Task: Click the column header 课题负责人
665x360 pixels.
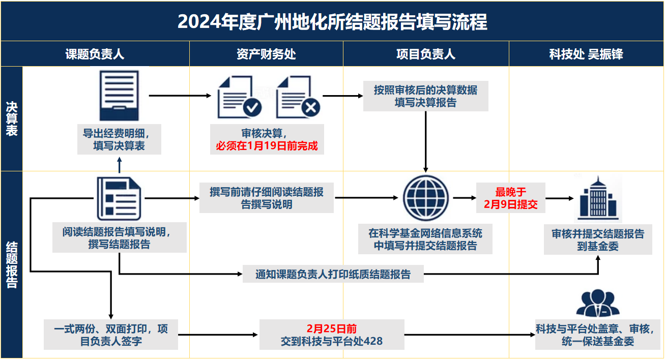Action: click(95, 54)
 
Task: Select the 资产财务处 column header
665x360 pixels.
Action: click(266, 54)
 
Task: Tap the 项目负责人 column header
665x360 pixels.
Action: click(426, 54)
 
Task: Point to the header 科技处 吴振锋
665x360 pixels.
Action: click(586, 54)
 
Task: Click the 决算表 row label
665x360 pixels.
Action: click(12, 118)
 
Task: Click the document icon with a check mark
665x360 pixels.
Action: click(240, 97)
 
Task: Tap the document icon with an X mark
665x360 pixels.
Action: click(298, 97)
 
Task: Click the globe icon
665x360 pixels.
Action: click(426, 198)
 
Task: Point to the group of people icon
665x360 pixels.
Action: click(598, 303)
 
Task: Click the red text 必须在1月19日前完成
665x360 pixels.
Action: click(267, 146)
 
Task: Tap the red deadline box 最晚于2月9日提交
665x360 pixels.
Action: click(511, 198)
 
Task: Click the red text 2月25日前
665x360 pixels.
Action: click(332, 328)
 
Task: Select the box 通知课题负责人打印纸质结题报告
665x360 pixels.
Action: click(333, 274)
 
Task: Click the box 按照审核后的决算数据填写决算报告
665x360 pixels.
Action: click(426, 96)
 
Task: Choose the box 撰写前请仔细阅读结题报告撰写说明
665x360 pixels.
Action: click(267, 198)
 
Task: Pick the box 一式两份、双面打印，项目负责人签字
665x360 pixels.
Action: click(111, 335)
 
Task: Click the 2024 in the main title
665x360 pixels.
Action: click(199, 22)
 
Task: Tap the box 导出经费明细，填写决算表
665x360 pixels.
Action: click(120, 139)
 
